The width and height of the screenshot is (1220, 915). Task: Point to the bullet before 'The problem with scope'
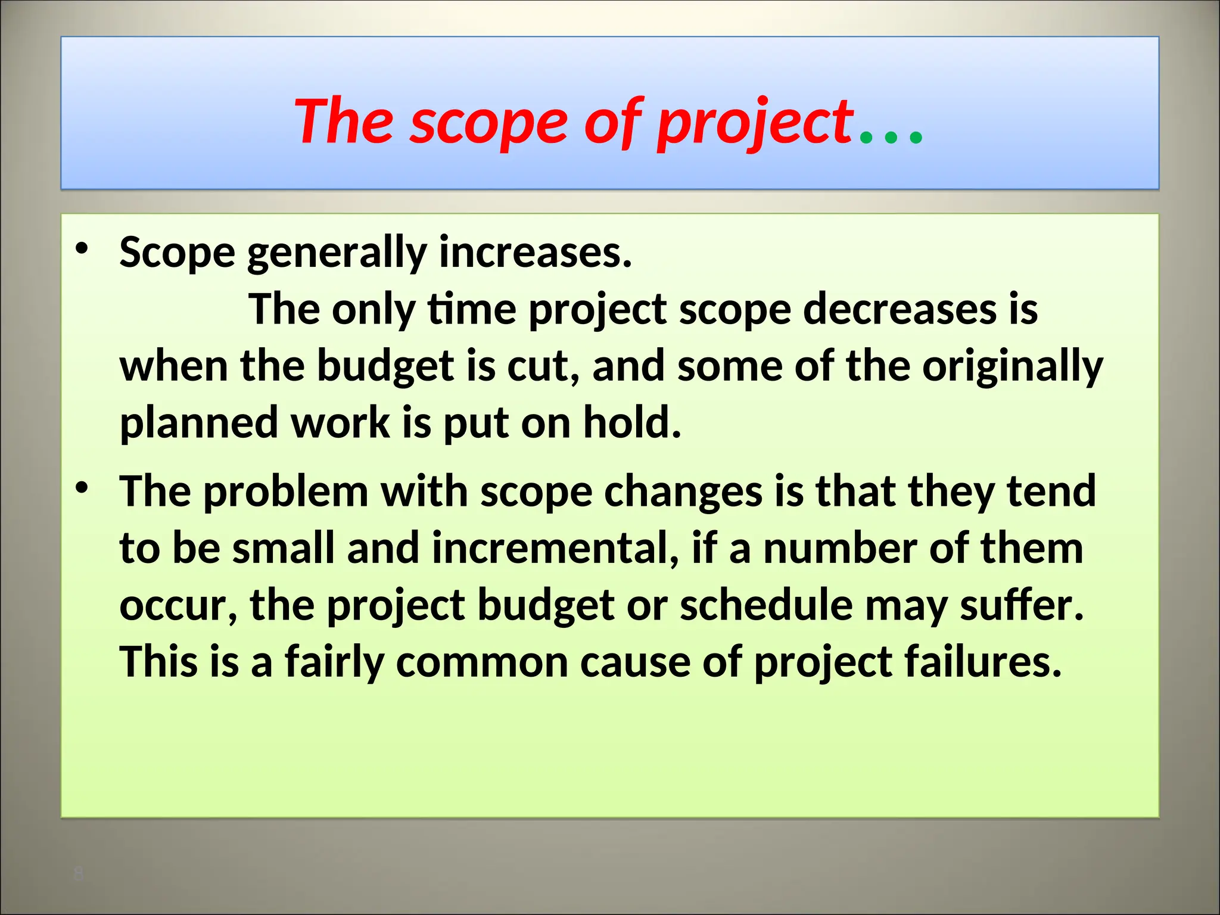pyautogui.click(x=82, y=488)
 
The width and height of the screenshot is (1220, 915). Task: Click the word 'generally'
pyautogui.click(x=336, y=254)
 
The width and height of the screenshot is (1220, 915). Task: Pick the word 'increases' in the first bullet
pyautogui.click(x=534, y=253)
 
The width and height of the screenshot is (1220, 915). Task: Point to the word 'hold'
pyautogui.click(x=631, y=422)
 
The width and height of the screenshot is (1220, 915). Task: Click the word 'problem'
pyautogui.click(x=286, y=493)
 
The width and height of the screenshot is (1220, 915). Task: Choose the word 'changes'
pyautogui.click(x=683, y=493)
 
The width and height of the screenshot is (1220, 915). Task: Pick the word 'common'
pyautogui.click(x=482, y=662)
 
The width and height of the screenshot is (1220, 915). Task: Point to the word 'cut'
pyautogui.click(x=542, y=367)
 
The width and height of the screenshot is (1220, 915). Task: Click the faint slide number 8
pyautogui.click(x=78, y=874)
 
